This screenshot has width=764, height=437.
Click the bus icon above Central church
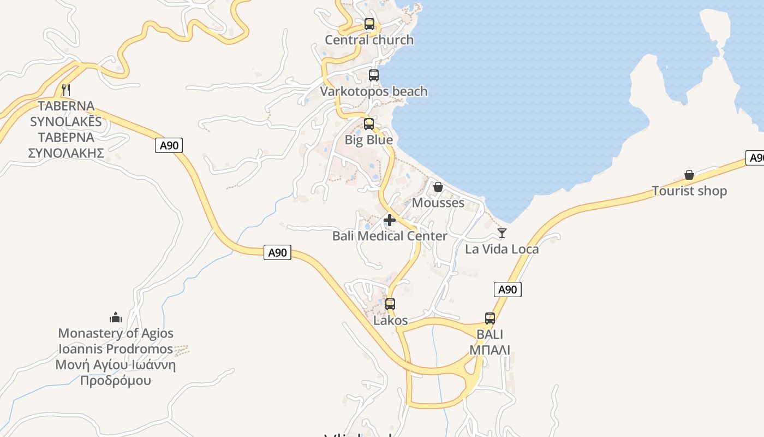(x=369, y=24)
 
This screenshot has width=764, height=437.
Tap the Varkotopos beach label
(x=374, y=91)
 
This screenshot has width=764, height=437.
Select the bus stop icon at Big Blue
(x=369, y=124)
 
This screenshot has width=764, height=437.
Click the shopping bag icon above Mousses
(x=438, y=187)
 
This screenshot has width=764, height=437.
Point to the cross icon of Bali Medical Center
(x=390, y=220)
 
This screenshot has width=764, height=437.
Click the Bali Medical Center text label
(x=390, y=236)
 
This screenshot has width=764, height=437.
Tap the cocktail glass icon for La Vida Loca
(x=502, y=233)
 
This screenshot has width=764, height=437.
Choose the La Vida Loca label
(x=502, y=249)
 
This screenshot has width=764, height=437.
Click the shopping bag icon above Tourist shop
(x=689, y=175)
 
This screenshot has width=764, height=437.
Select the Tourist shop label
(x=689, y=191)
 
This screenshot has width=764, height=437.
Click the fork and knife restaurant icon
(x=66, y=90)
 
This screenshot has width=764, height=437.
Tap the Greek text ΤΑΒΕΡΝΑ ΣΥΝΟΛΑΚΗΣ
(x=66, y=145)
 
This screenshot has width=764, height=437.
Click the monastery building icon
(x=116, y=317)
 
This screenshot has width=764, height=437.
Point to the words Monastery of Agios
(x=116, y=333)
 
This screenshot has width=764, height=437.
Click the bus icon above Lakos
(x=390, y=304)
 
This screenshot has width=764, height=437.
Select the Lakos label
(x=390, y=321)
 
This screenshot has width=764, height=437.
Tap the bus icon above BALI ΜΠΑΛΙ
(x=490, y=318)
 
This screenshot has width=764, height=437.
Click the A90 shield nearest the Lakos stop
(x=277, y=252)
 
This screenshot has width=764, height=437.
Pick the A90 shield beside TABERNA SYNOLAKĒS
(x=169, y=145)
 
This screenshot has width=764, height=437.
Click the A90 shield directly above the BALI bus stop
(x=508, y=290)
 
